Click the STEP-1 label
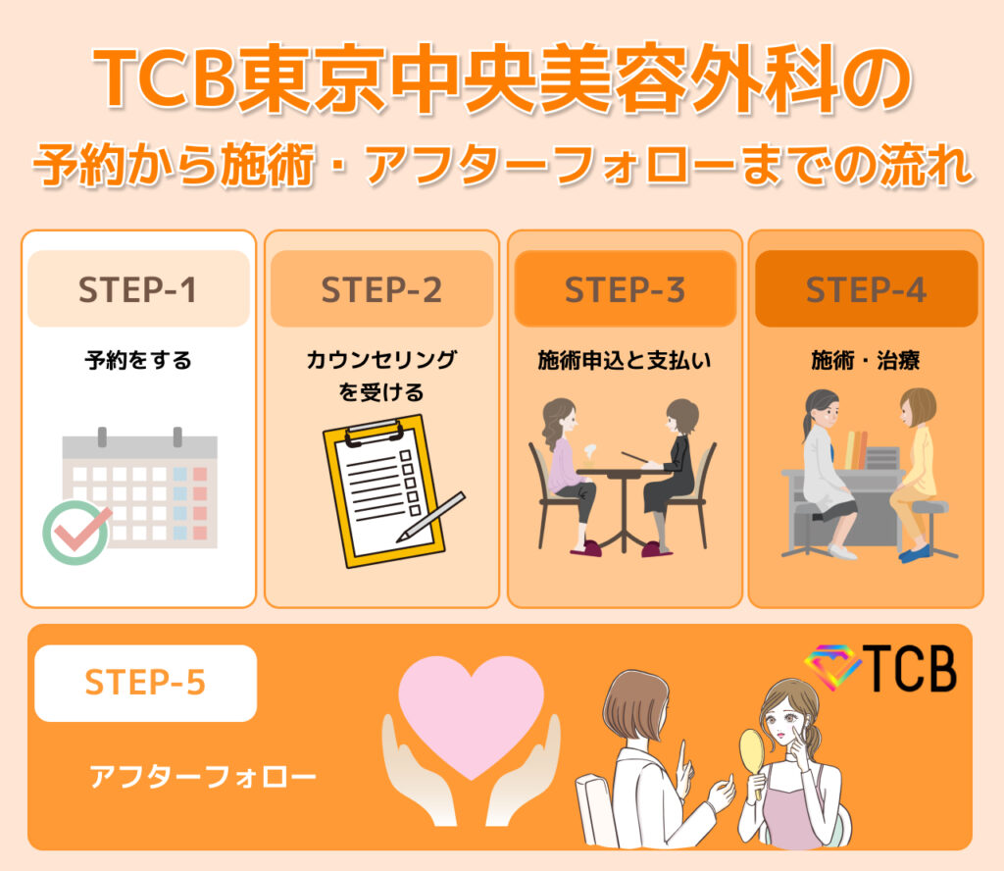[x=138, y=288]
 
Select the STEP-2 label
[x=381, y=288]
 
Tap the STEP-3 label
[x=625, y=288]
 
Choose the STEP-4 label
[x=867, y=288]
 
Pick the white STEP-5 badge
[x=146, y=683]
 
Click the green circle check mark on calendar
[x=76, y=533]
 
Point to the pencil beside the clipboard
[x=430, y=517]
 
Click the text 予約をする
[x=138, y=360]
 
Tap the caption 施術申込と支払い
[x=625, y=360]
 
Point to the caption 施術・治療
[x=866, y=360]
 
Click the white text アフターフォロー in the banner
[x=202, y=776]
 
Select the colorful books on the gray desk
[x=856, y=449]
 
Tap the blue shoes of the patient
[x=915, y=552]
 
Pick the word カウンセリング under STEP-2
[x=381, y=359]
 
